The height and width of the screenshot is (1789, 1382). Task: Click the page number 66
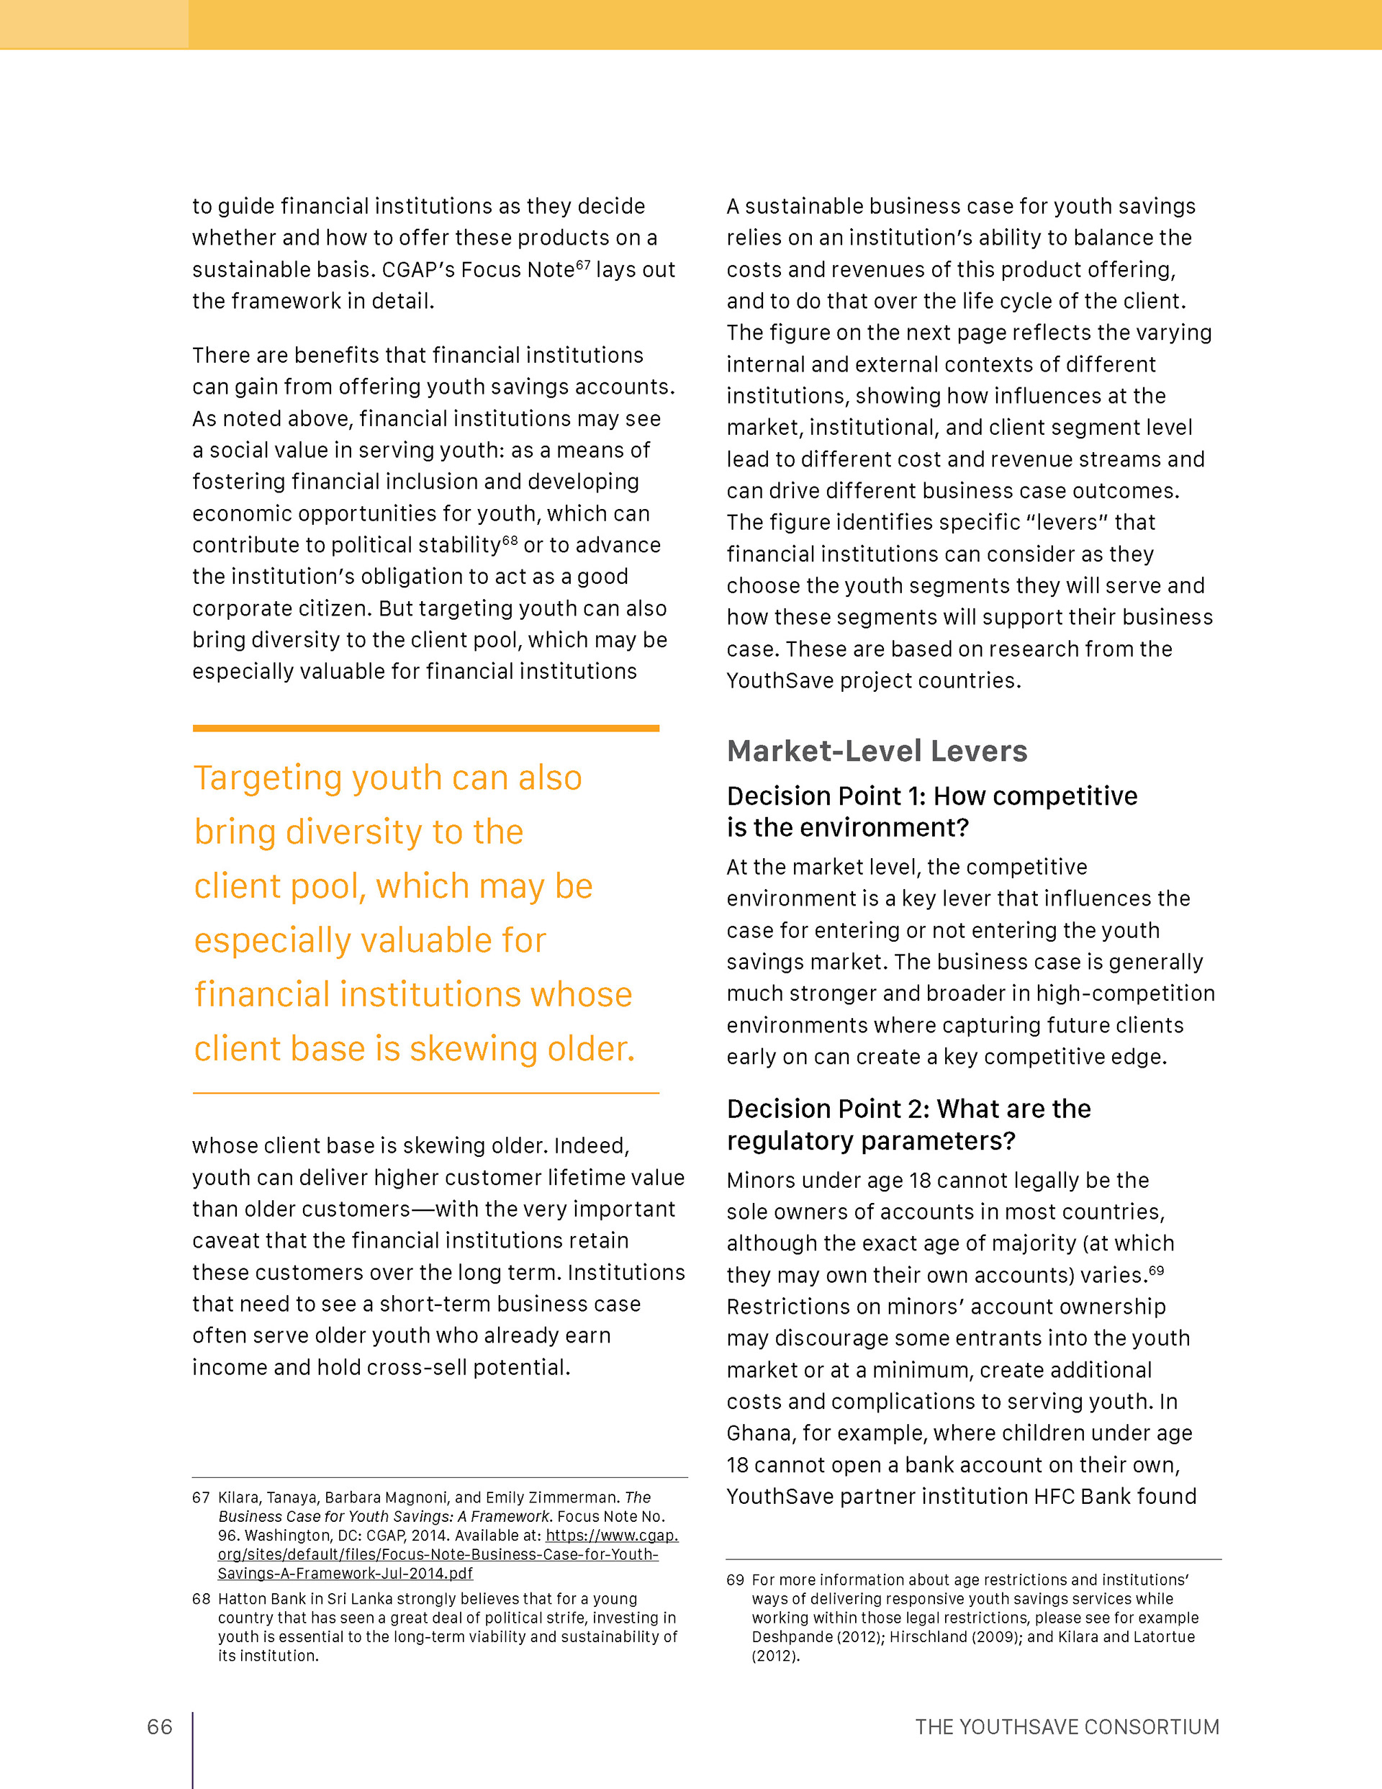point(160,1727)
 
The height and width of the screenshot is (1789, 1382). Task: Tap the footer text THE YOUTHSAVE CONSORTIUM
point(1067,1727)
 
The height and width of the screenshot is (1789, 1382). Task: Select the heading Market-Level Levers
point(877,751)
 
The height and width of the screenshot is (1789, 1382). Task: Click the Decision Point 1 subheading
point(931,811)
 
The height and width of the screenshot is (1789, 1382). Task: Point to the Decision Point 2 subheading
point(908,1124)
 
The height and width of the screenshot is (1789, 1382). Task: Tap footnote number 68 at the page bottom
point(201,1598)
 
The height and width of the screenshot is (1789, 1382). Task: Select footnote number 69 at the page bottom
point(735,1580)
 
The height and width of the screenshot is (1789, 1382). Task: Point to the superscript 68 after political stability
point(510,540)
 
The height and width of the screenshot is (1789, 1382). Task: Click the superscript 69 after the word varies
point(1156,1271)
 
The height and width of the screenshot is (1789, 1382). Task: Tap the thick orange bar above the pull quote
point(426,727)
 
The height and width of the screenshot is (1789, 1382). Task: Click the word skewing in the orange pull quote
point(474,1048)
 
